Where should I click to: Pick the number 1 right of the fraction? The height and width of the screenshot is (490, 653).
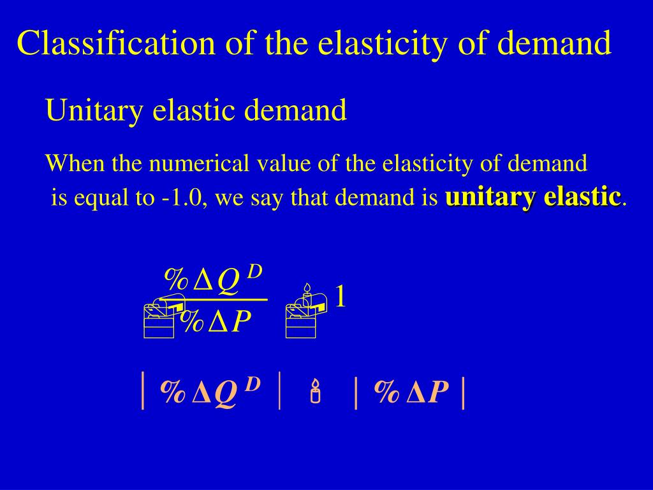[341, 297]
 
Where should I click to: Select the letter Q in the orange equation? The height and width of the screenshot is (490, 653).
[226, 394]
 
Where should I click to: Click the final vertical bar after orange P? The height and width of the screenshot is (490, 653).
[462, 393]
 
